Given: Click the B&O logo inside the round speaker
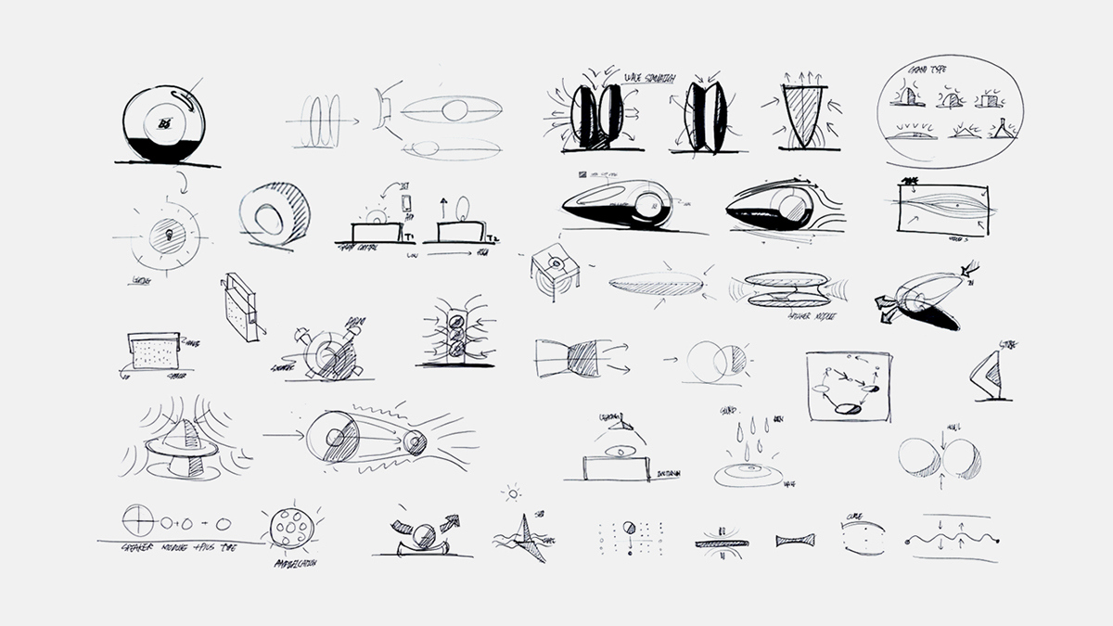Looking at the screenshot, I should coord(166,121).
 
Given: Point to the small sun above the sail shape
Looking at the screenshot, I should coord(511,494).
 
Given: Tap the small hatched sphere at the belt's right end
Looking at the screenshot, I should coord(414,443).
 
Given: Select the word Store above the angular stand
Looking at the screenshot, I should coord(1006,346).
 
